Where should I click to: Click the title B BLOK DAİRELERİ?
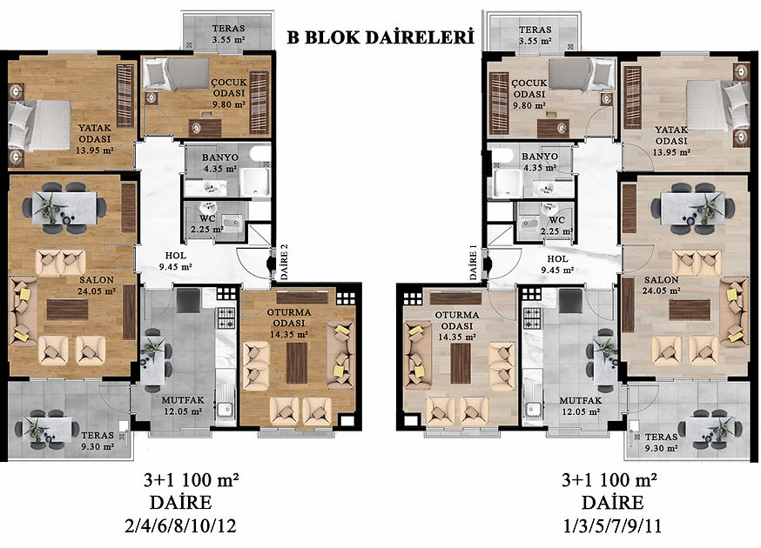[x=380, y=37]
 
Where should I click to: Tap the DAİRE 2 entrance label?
[x=285, y=262]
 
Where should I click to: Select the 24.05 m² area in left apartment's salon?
[x=97, y=291]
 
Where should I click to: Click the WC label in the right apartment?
[x=557, y=220]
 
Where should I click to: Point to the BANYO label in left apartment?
[x=220, y=157]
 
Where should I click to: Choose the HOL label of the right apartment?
[x=557, y=259]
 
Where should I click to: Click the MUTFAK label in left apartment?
[x=183, y=401]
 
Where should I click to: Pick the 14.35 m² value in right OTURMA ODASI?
[x=457, y=337]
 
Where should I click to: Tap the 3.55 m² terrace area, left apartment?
[x=228, y=40]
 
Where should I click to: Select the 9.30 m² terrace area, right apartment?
[x=662, y=449]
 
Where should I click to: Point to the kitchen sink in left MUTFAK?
[x=225, y=409]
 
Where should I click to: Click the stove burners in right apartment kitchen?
[x=532, y=318]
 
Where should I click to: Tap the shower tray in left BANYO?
[x=255, y=182]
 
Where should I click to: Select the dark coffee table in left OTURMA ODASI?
[x=297, y=363]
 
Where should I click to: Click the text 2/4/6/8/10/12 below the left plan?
[x=180, y=525]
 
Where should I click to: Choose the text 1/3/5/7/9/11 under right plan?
[x=612, y=525]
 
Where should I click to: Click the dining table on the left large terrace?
[x=47, y=429]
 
